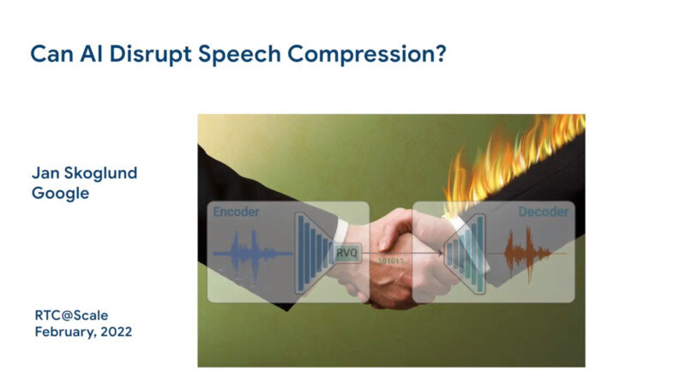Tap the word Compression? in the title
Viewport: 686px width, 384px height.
tap(367, 55)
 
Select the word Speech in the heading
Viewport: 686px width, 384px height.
tap(239, 55)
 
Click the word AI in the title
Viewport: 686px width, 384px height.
tap(91, 54)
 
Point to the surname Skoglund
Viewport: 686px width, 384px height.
tap(100, 174)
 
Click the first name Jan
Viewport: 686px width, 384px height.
tap(45, 173)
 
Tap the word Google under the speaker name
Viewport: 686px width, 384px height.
tap(60, 194)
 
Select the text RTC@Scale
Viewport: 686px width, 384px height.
tap(71, 315)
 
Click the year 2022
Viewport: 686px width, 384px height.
tap(117, 332)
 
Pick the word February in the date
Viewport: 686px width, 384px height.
tap(65, 333)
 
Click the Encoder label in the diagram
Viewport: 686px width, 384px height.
tap(236, 212)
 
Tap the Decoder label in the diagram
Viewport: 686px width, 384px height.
tap(544, 212)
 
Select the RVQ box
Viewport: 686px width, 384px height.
tap(347, 253)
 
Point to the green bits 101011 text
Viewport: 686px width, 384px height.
tap(392, 261)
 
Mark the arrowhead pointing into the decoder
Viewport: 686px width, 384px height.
tap(439, 253)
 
